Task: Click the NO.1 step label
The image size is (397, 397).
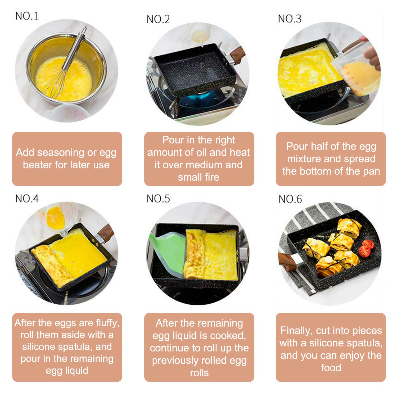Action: [27, 16]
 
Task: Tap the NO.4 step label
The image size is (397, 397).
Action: [27, 198]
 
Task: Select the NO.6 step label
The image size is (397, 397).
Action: [290, 199]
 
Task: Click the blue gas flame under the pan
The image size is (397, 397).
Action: [201, 99]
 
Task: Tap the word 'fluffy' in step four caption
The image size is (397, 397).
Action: [107, 323]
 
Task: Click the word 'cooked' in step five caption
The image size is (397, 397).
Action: [228, 336]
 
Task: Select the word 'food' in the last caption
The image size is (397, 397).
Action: [331, 368]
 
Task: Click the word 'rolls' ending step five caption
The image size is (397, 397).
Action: [199, 373]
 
